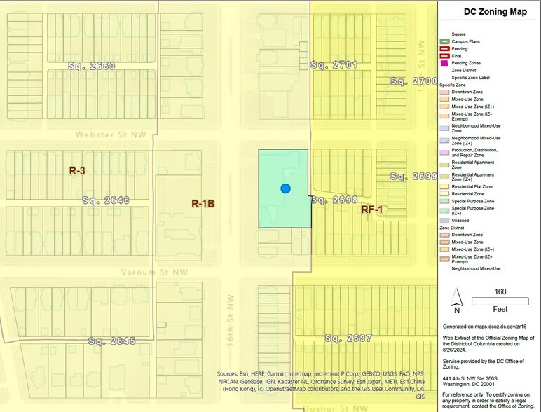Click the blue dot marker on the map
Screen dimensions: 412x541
point(285,188)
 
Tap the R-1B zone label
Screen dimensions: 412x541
point(203,204)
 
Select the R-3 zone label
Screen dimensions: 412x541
point(77,170)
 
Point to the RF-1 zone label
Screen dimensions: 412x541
point(372,210)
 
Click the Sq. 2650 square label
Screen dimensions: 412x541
point(91,66)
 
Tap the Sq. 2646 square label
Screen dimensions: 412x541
point(105,200)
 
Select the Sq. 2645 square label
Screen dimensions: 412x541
point(112,341)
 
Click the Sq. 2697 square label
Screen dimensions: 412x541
point(348,338)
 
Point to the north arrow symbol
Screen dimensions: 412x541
point(456,300)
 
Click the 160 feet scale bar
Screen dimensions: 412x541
point(500,301)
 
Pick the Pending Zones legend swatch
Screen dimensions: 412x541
point(444,64)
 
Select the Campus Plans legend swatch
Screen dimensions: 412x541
point(444,41)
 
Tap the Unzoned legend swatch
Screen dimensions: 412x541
point(444,220)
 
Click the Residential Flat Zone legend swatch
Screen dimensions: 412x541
point(444,187)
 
